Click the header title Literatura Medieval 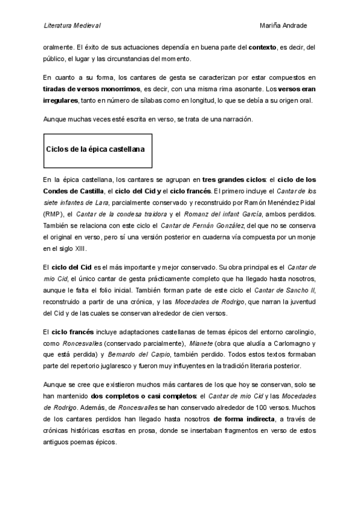[x=72, y=26]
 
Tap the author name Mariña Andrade [x=283, y=26]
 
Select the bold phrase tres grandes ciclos [x=233, y=179]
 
